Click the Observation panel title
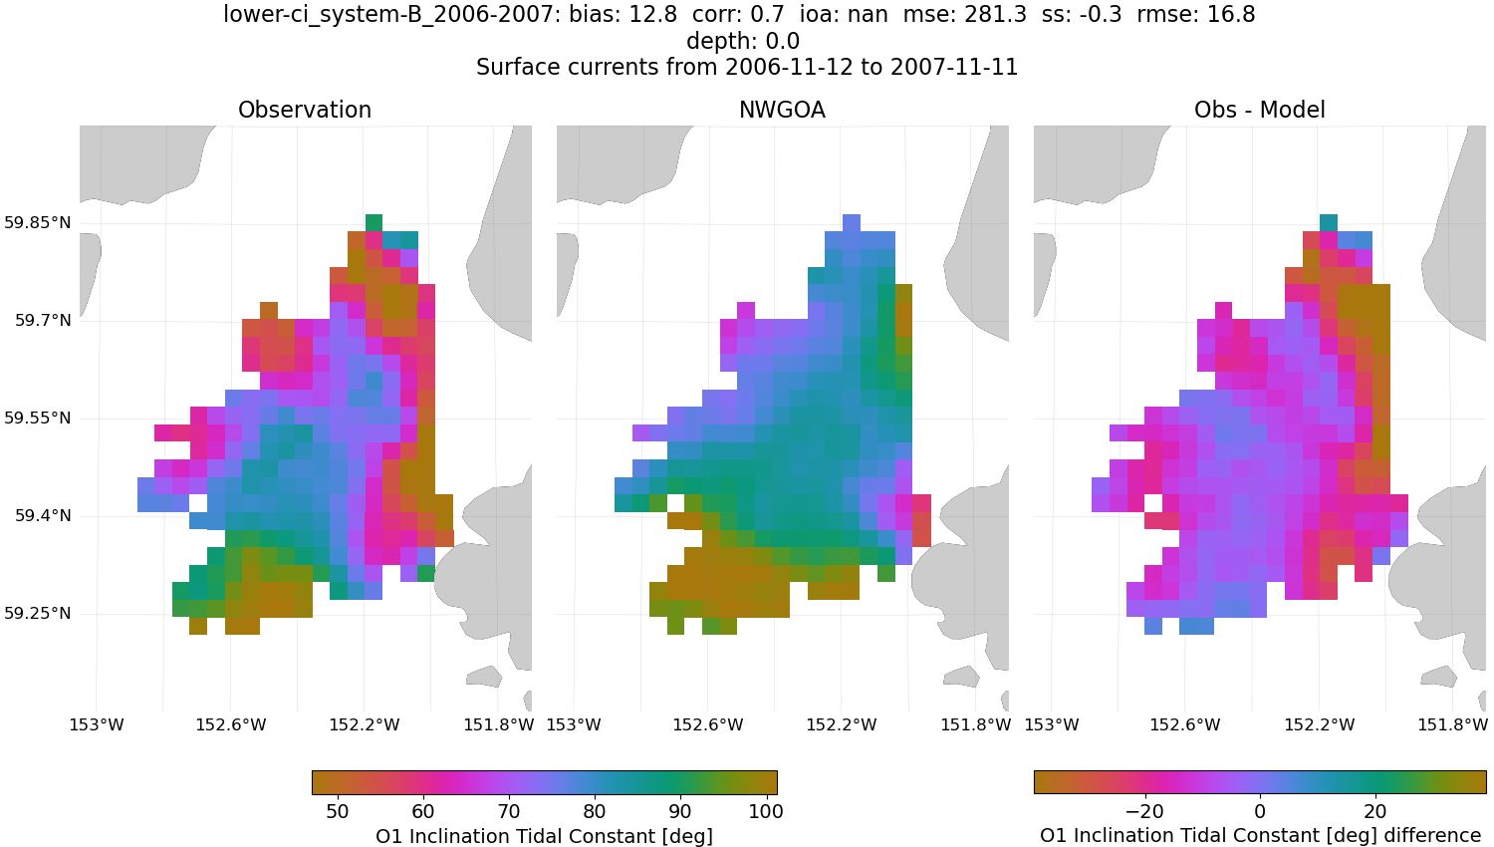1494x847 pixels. click(x=305, y=110)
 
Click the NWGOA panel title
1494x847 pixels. click(x=782, y=110)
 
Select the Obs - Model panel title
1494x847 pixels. click(x=1259, y=110)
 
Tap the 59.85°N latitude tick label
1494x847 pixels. click(x=38, y=222)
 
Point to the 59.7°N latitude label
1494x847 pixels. click(x=43, y=320)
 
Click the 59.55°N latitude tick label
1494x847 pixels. click(x=38, y=418)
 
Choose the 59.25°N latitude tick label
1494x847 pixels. click(x=38, y=613)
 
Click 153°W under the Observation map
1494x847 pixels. click(x=97, y=724)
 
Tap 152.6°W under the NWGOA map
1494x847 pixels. click(x=707, y=724)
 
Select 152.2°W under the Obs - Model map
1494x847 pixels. click(x=1319, y=724)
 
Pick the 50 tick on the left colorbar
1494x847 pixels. click(x=338, y=811)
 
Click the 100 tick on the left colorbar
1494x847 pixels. click(x=766, y=811)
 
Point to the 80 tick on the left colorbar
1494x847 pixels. click(x=595, y=811)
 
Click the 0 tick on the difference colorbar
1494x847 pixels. click(x=1260, y=811)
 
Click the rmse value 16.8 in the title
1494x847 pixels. click(x=1231, y=15)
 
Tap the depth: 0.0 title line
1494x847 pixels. click(x=743, y=42)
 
